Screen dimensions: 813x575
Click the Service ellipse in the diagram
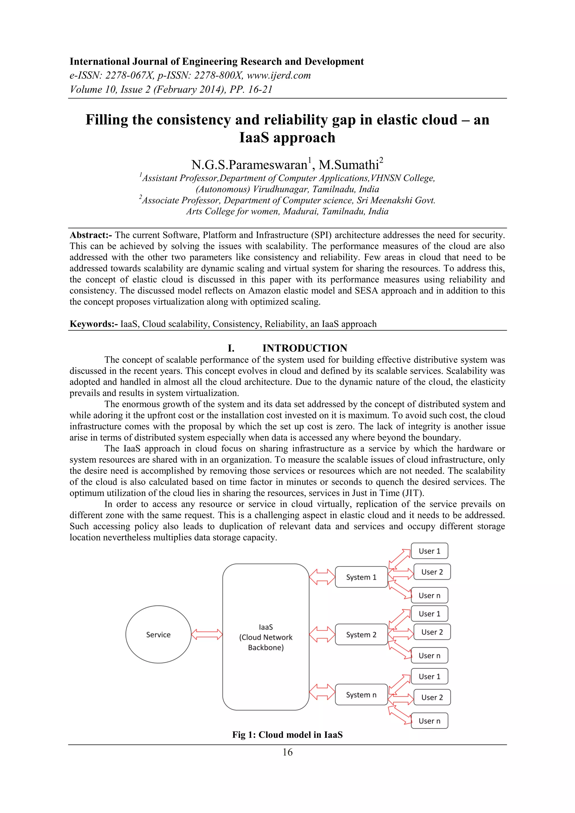pos(158,635)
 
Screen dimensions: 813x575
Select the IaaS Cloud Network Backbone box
pos(266,637)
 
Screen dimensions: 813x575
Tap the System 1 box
pos(361,577)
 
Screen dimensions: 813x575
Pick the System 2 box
pos(361,635)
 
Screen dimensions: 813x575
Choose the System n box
pos(361,695)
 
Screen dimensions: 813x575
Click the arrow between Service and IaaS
pos(207,635)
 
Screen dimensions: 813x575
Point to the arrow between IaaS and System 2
pos(322,635)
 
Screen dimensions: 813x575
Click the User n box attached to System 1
pos(429,596)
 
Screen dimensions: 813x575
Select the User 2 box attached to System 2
pos(432,632)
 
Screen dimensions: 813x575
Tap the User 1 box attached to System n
pos(429,676)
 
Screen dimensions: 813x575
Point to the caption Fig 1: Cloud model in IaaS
pos(287,735)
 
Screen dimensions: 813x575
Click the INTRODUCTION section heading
pos(305,348)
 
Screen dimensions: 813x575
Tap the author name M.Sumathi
pos(349,165)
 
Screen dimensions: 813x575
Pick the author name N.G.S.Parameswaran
pos(249,165)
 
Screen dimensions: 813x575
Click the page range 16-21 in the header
pos(260,89)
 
